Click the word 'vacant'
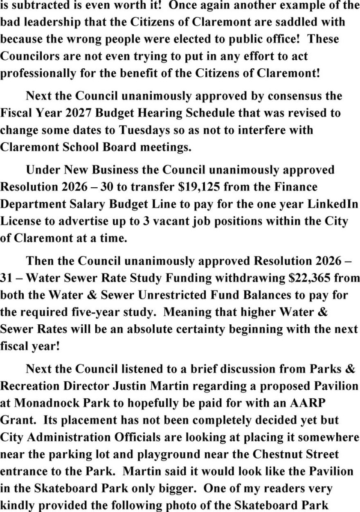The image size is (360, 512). click(169, 221)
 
